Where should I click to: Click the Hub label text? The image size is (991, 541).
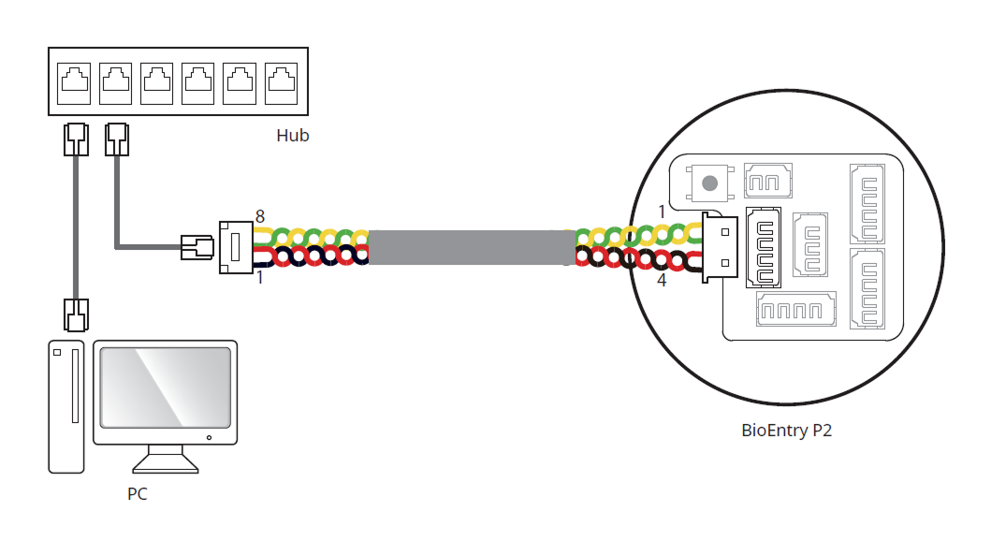click(x=292, y=136)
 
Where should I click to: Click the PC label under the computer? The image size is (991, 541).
click(x=137, y=493)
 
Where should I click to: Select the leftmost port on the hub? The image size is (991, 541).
click(x=74, y=82)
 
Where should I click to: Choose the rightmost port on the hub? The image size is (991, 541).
click(x=281, y=82)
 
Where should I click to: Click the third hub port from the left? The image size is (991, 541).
click(x=156, y=82)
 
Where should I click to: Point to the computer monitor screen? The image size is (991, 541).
click(x=165, y=386)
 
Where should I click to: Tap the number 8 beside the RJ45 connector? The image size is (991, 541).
click(x=260, y=216)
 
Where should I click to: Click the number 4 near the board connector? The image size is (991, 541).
click(x=662, y=279)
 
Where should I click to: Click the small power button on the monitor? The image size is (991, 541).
click(x=210, y=437)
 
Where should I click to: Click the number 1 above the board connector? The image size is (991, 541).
click(x=662, y=212)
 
